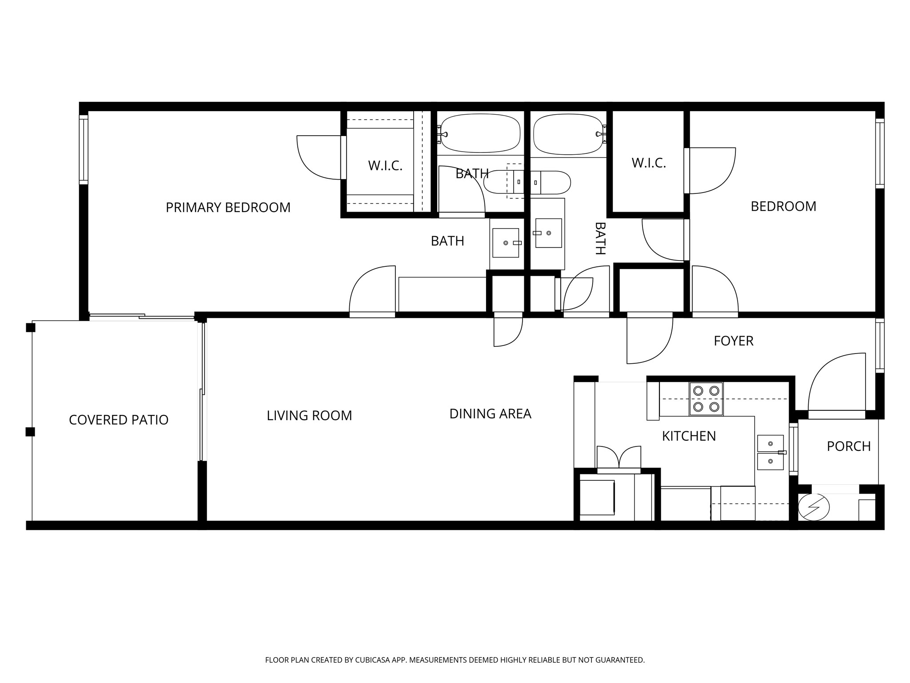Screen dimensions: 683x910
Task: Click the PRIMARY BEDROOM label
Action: [228, 207]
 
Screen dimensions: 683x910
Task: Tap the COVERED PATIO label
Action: [119, 420]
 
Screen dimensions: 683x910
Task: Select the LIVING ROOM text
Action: [309, 415]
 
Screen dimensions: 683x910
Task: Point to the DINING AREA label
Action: [490, 414]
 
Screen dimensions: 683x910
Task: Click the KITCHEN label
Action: [689, 436]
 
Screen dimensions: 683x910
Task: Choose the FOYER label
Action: [733, 341]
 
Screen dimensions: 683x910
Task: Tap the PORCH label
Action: [848, 446]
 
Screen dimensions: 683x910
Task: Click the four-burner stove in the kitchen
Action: [706, 399]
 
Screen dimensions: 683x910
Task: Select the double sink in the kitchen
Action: [770, 452]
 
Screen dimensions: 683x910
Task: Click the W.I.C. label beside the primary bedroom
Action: [385, 166]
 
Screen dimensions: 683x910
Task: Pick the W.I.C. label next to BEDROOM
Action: [648, 163]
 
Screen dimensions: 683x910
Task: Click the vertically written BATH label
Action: [600, 238]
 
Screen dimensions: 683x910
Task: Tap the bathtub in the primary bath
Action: [480, 133]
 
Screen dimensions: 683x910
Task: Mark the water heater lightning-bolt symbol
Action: [814, 507]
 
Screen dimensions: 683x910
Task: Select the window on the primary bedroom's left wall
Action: [84, 149]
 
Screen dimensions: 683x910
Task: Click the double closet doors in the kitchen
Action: [619, 458]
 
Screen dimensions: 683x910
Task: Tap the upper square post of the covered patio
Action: [30, 328]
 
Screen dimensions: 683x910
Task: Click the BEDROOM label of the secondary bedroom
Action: [783, 206]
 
